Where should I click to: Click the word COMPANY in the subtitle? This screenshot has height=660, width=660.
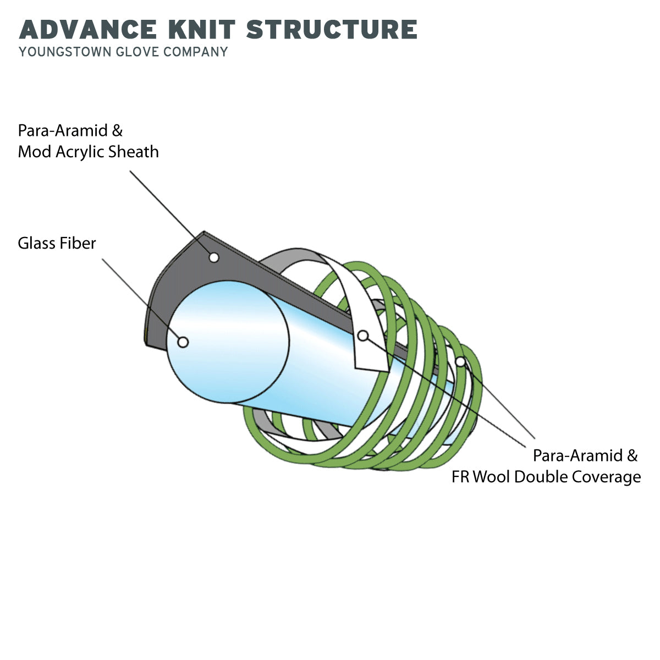click(196, 52)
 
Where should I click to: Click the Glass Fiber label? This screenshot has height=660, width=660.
click(57, 243)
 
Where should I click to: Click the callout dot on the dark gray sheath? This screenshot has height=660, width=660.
click(214, 257)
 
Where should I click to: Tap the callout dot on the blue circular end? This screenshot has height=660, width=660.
click(183, 342)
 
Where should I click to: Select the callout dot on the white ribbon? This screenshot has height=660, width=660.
click(363, 335)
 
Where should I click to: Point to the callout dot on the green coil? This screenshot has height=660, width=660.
click(460, 361)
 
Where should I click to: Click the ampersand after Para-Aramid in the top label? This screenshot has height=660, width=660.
click(117, 131)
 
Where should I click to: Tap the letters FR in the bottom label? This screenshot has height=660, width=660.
click(461, 477)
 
